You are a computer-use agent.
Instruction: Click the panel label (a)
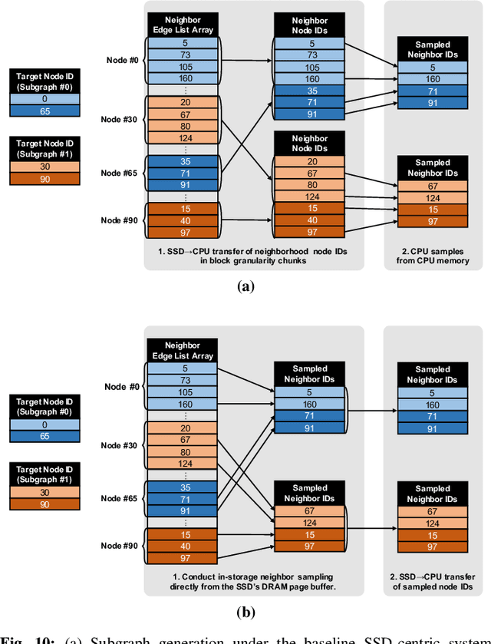[245, 286]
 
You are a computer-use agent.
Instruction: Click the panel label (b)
[245, 611]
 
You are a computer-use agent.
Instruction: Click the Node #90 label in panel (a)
[120, 220]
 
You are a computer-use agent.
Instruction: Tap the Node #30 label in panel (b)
[120, 444]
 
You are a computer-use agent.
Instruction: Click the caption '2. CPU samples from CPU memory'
[433, 256]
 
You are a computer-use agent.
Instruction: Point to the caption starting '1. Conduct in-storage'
[253, 580]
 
